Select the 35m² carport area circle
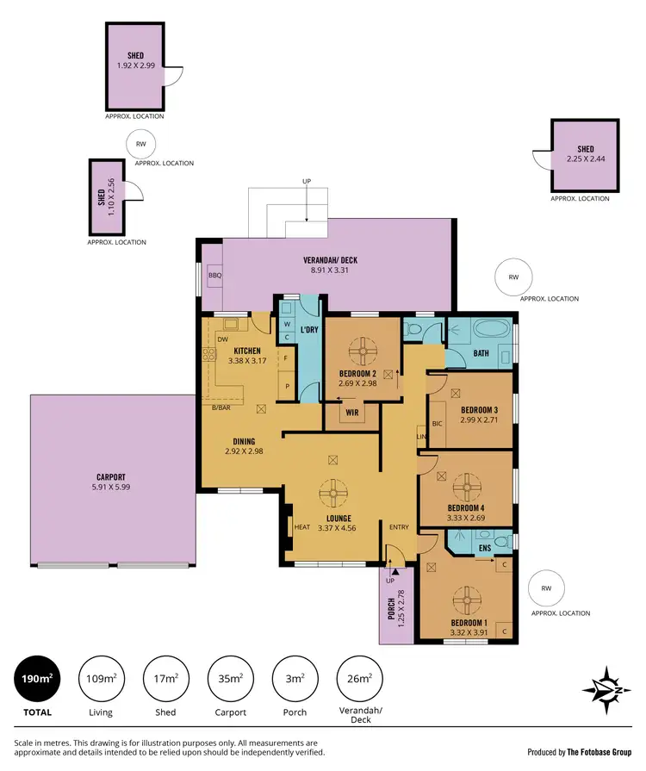click(x=229, y=679)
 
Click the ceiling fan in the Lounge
click(x=332, y=494)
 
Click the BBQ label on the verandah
click(x=214, y=276)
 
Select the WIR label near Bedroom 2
click(x=351, y=413)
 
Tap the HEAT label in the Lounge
click(x=302, y=527)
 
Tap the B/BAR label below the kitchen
click(x=221, y=408)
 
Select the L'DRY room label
click(x=309, y=331)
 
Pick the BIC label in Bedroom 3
click(x=436, y=423)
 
